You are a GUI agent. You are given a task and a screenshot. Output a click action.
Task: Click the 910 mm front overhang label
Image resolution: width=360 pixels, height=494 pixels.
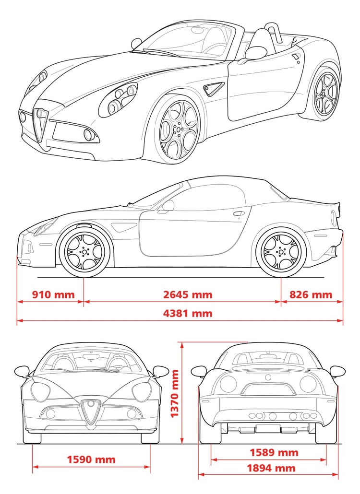pos(53,294)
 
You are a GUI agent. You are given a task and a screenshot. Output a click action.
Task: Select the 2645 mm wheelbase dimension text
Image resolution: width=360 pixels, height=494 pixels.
pos(188,294)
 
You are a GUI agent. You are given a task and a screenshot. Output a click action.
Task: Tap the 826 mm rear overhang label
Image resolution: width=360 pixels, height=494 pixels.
pos(311,294)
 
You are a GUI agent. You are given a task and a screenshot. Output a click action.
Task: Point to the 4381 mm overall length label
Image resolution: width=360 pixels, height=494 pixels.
pos(188,313)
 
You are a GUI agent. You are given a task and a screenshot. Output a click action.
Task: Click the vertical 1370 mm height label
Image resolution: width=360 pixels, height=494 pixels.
pos(174,393)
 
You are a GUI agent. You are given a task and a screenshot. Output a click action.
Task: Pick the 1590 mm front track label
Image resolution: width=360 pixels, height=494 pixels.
pos(91,459)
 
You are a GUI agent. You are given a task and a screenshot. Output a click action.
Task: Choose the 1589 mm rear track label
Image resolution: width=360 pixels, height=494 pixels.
pos(274,453)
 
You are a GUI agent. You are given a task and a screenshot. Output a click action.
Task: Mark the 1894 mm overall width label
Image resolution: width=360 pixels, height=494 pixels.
pos(271,468)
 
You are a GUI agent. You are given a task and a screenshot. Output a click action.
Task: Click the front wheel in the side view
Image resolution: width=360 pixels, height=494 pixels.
pos(84,252)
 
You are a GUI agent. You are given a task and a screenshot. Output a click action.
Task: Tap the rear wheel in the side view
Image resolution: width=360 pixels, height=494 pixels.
pos(281,252)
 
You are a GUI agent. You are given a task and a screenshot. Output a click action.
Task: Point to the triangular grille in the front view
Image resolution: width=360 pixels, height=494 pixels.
pos(91,412)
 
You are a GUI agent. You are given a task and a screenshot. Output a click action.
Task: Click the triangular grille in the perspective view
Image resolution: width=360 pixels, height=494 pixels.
pos(41,124)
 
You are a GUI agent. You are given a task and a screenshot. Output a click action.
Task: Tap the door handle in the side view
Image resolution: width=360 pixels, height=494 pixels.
pos(239,213)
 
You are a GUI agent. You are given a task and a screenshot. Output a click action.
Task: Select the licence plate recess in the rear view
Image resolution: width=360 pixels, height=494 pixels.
pos(268,389)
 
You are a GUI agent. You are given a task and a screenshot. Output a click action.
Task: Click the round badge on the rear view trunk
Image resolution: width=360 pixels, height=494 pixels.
pos(268,377)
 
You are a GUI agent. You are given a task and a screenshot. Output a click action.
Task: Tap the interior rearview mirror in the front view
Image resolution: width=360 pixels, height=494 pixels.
pos(91,356)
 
